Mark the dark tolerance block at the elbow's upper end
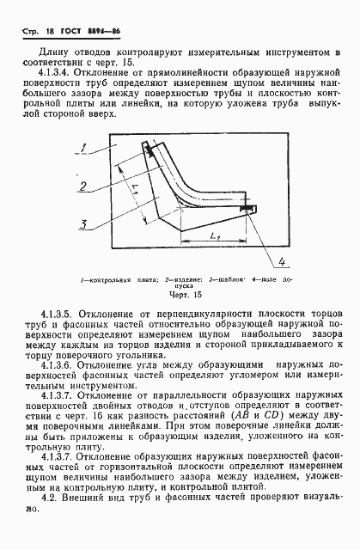pyautogui.click(x=152, y=151)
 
